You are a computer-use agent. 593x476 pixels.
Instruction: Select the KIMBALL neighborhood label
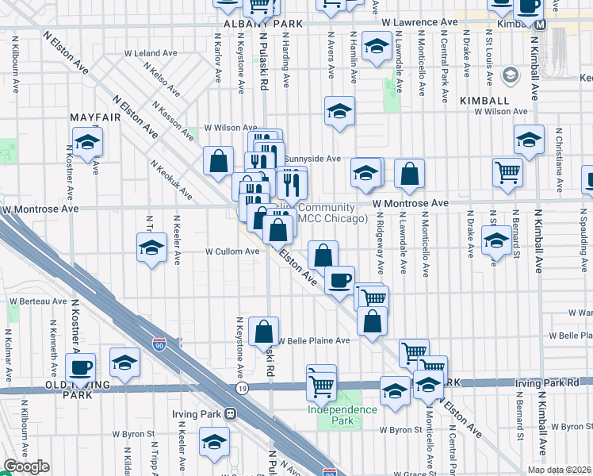(x=484, y=101)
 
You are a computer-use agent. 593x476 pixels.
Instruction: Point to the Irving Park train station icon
(x=230, y=413)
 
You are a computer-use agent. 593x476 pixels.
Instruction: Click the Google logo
(x=26, y=467)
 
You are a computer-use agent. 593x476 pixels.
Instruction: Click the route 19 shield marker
(x=241, y=387)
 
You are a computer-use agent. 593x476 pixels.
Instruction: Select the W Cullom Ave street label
(x=232, y=251)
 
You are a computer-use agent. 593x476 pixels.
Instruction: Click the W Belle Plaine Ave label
(x=313, y=340)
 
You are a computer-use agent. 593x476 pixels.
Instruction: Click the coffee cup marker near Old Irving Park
(x=81, y=367)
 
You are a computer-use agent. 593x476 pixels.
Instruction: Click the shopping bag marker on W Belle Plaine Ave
(x=263, y=332)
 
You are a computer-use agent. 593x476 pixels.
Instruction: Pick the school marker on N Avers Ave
(x=339, y=112)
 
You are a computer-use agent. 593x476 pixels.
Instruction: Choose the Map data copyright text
(x=548, y=470)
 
